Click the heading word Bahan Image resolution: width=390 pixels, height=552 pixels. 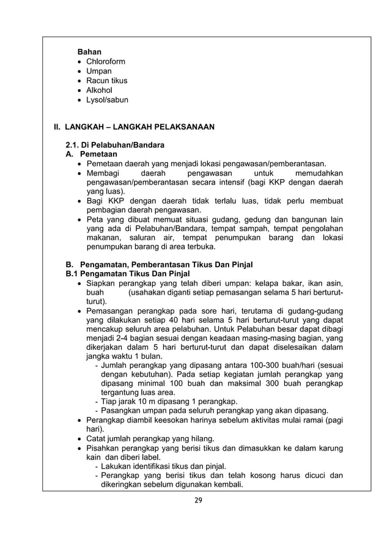pyautogui.click(x=89, y=51)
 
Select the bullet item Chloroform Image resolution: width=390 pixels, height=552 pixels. pyautogui.click(x=107, y=61)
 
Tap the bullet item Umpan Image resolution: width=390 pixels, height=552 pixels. pyautogui.click(x=99, y=71)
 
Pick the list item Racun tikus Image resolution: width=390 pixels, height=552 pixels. pyautogui.click(x=107, y=81)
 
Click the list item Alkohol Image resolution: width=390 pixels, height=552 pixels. pyautogui.click(x=99, y=90)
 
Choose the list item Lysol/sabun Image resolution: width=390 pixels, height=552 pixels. pyautogui.click(x=108, y=100)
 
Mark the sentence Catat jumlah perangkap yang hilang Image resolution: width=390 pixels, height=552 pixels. pyautogui.click(x=150, y=438)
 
